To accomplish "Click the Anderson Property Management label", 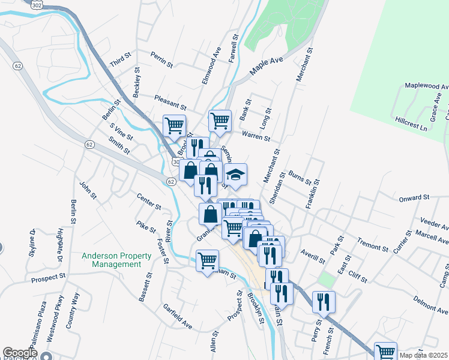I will tap(112, 260).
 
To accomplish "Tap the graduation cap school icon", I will tap(236, 175).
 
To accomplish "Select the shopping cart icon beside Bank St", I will tap(220, 121).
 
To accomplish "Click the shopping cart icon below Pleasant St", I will tap(174, 126).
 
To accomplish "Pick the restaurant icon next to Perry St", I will tap(324, 303).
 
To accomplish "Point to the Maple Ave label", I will tap(266, 66).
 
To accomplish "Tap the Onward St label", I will tap(414, 197).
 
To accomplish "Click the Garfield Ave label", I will tap(177, 316).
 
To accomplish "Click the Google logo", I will tap(19, 353).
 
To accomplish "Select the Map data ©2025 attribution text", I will tap(424, 355).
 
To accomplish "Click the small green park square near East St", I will tap(327, 279).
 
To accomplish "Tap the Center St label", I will tap(149, 202).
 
